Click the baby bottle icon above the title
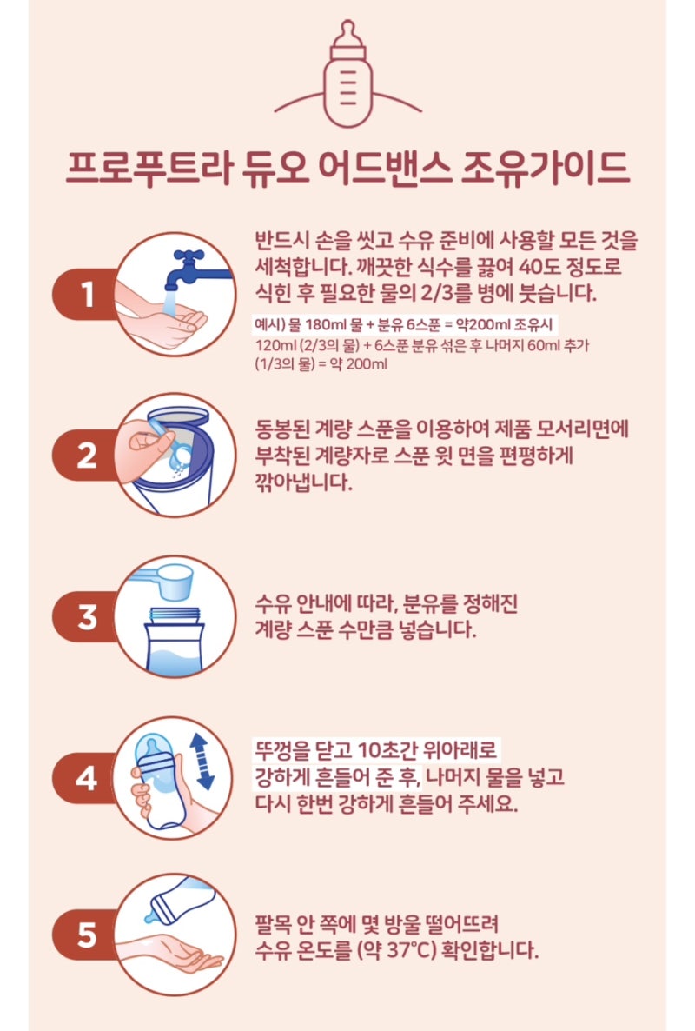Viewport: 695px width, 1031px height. pyautogui.click(x=348, y=74)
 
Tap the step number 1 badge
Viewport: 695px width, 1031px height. pyautogui.click(x=86, y=294)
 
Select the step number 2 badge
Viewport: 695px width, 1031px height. pyautogui.click(x=86, y=455)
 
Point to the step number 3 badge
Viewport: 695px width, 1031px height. pyautogui.click(x=86, y=616)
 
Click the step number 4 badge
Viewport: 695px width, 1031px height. pyautogui.click(x=86, y=779)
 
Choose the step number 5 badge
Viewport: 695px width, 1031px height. pyautogui.click(x=86, y=935)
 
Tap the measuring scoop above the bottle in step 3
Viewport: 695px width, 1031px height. pyautogui.click(x=164, y=582)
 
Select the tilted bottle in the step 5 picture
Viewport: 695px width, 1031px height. pyautogui.click(x=178, y=900)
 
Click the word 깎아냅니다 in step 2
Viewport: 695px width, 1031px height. pyautogui.click(x=303, y=482)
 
